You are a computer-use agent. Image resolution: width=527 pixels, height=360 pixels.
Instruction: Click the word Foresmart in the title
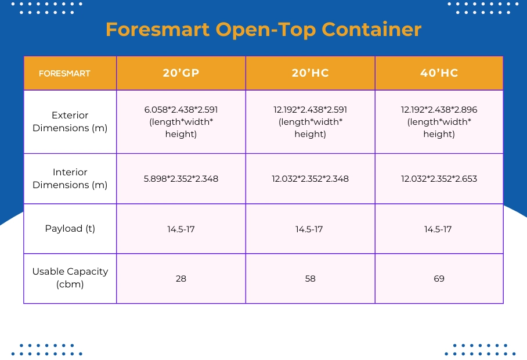[157, 29]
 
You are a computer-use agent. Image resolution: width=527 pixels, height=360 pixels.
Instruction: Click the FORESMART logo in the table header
[64, 74]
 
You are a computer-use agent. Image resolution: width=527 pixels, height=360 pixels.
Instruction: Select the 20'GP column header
[181, 73]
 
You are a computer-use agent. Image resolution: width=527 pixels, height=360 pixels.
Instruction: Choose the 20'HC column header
[311, 73]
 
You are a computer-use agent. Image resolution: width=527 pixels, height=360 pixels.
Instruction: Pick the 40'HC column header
[439, 73]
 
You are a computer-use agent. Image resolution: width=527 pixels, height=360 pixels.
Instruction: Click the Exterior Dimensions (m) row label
[70, 121]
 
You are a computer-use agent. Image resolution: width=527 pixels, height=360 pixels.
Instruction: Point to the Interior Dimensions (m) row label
[70, 178]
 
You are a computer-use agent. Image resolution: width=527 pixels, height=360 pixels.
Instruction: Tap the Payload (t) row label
[70, 229]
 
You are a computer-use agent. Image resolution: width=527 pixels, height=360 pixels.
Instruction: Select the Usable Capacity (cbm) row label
[70, 278]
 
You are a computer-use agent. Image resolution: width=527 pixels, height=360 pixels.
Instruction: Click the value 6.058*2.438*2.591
[181, 109]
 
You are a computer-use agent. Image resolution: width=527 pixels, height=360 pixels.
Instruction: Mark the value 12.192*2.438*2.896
[439, 109]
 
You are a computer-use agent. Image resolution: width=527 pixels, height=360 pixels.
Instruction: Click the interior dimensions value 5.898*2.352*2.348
[181, 179]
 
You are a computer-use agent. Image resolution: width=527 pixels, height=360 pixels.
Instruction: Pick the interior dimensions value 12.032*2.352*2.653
[439, 179]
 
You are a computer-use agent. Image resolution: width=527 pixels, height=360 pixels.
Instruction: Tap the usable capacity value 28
[181, 279]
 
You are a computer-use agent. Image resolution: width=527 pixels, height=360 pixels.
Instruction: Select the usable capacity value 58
[311, 279]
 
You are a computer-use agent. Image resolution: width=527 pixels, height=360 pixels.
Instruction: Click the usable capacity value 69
[439, 279]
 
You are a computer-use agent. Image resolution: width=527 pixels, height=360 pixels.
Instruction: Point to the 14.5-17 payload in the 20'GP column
[181, 229]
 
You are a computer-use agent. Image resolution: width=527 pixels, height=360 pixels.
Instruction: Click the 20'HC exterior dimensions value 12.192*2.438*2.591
[311, 109]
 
